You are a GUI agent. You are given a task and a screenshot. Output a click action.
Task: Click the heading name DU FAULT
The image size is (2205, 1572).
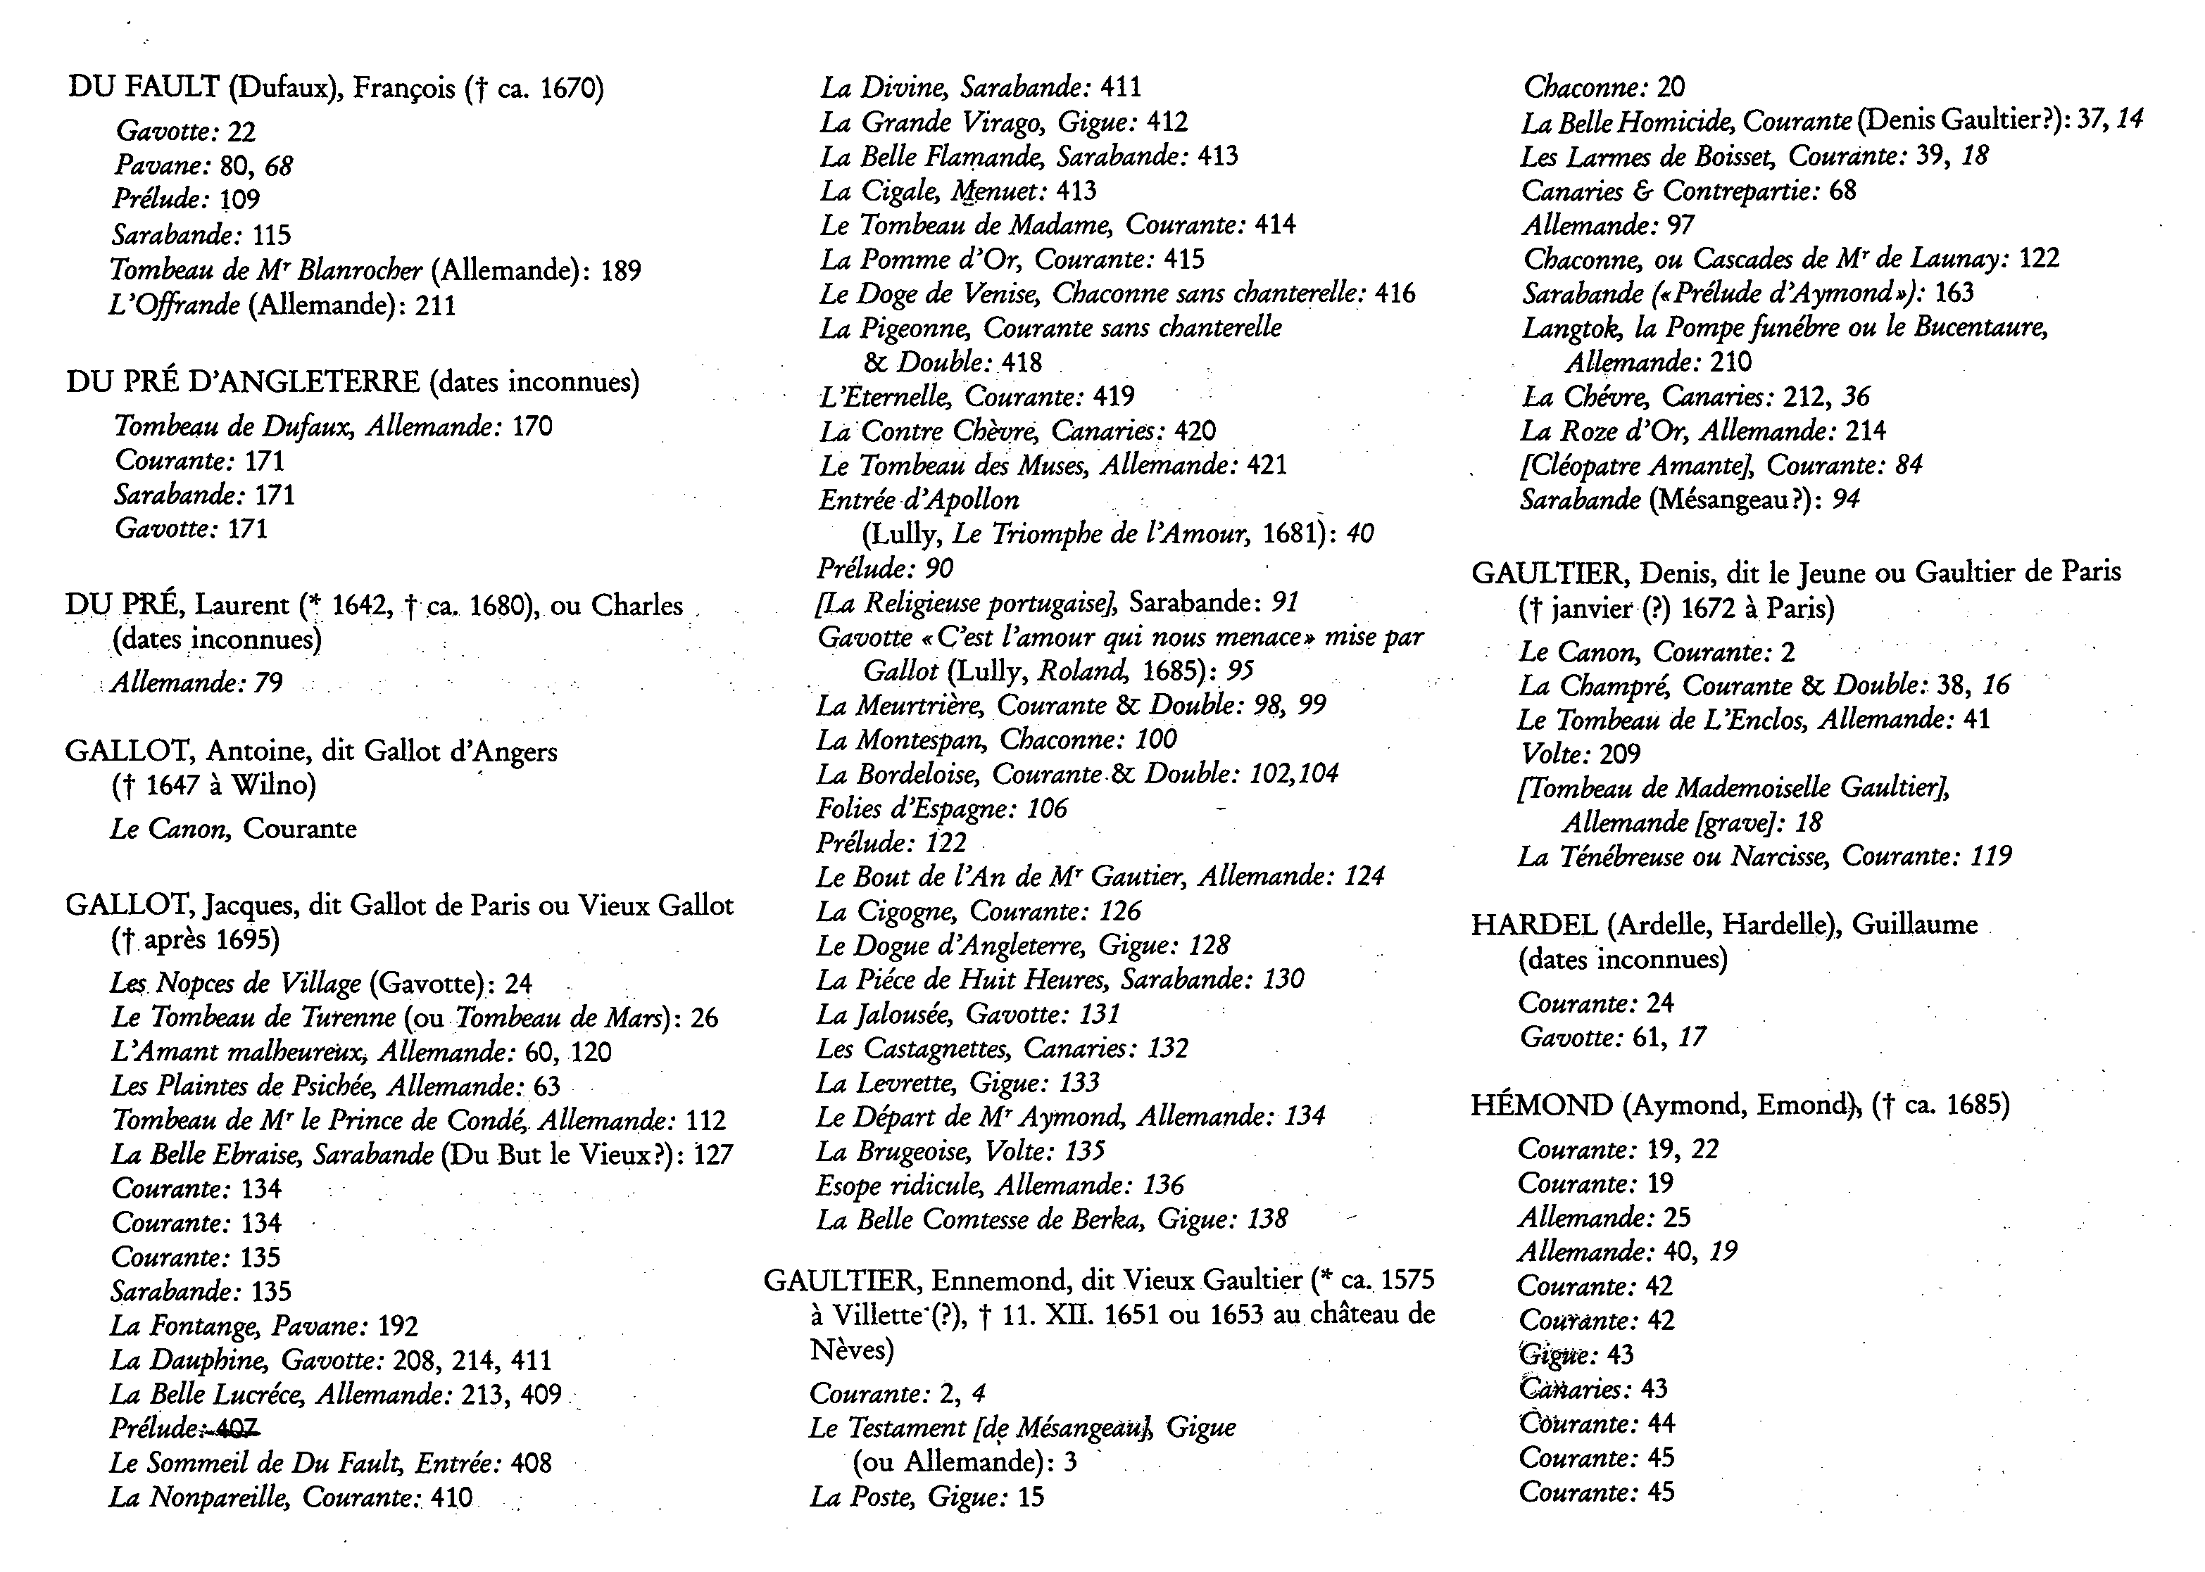coord(144,88)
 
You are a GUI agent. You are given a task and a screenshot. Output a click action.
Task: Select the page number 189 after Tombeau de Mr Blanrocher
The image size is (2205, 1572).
coord(621,270)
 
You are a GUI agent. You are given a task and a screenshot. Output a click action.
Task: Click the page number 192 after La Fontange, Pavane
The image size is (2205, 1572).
coord(398,1326)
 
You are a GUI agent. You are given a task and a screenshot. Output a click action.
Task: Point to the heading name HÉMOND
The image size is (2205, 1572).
coord(1542,1105)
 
